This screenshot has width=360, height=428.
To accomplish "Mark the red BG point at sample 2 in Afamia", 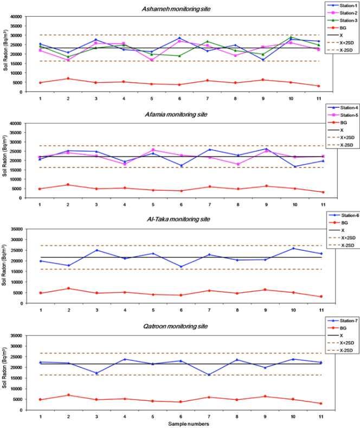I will pos(68,185).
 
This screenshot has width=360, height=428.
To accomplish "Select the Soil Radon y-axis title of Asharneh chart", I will pos(5,54).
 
